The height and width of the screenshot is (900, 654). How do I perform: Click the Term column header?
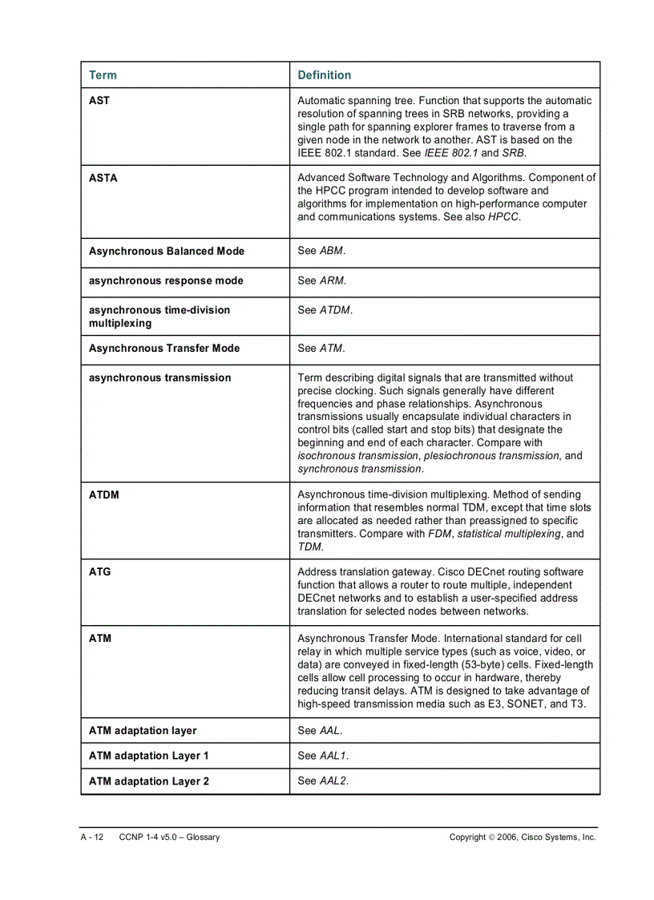pos(103,75)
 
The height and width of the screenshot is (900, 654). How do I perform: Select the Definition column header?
pos(324,75)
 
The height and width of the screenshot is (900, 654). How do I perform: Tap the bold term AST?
pos(99,101)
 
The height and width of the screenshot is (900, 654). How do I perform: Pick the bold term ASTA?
pos(103,178)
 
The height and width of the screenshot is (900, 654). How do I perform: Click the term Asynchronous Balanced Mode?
pos(167,252)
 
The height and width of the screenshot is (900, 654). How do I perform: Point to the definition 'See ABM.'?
pos(321,251)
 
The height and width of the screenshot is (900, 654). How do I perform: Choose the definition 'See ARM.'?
pos(321,280)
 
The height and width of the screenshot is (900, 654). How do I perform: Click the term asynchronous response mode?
pos(166,281)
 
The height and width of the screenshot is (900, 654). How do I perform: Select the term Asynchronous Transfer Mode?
pos(164,349)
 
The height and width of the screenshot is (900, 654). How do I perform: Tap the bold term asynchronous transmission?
pos(159,378)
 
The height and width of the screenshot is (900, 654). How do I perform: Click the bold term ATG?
pos(99,572)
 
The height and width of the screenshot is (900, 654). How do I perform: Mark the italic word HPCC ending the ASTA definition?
pos(503,217)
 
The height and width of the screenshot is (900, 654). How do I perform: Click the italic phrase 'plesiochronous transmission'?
pos(491,456)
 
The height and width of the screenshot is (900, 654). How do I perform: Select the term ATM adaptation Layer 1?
pos(149,757)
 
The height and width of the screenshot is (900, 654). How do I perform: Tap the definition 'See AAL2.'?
pos(323,781)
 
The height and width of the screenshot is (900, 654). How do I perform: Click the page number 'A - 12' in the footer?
pos(91,837)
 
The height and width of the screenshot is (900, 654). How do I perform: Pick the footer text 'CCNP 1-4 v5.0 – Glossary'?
pos(169,837)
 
